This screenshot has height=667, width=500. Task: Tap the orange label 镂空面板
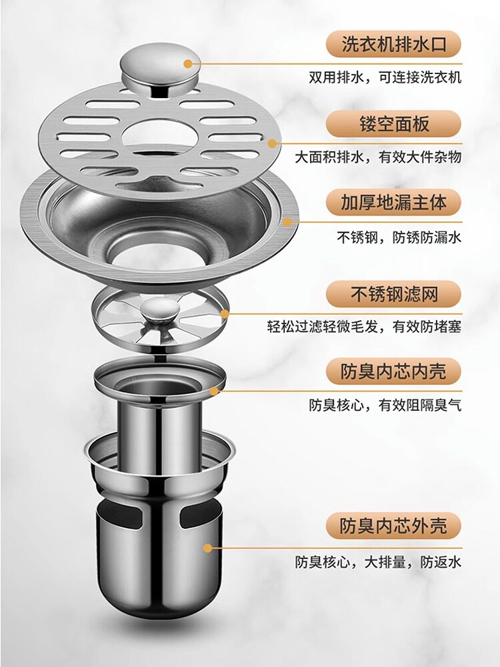[393, 124]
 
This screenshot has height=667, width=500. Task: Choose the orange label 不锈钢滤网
[393, 293]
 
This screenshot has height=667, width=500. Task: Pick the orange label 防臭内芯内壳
[393, 370]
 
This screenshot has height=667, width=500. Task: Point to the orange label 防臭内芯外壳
[393, 526]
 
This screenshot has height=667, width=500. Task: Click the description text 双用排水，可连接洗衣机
[385, 77]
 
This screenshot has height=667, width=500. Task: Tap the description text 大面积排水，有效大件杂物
[378, 157]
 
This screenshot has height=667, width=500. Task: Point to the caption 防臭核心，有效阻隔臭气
[384, 405]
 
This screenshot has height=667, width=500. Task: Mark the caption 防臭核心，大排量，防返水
[378, 562]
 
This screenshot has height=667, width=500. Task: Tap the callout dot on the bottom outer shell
[208, 548]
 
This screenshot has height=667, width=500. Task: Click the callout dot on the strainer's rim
[225, 313]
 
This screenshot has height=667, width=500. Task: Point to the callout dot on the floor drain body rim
[289, 221]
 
